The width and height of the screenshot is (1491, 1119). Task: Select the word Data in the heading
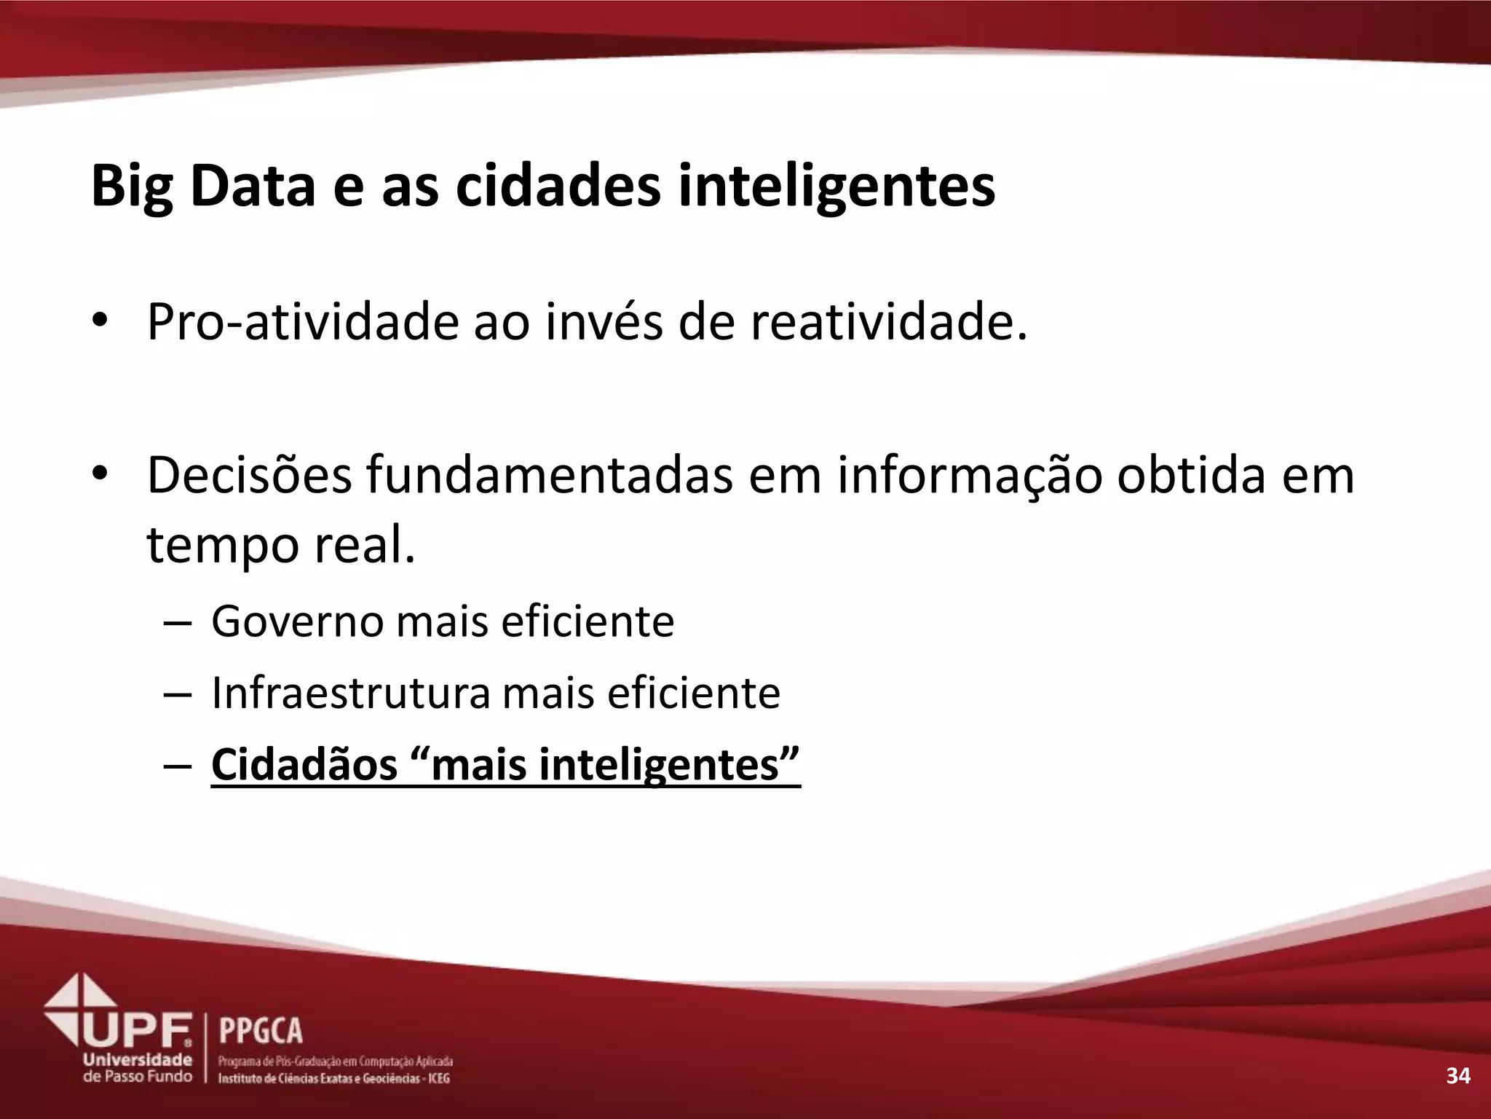(x=252, y=186)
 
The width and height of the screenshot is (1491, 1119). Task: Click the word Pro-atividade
(x=303, y=322)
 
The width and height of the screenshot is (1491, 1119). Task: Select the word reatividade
(x=888, y=322)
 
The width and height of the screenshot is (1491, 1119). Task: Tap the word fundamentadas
(x=549, y=475)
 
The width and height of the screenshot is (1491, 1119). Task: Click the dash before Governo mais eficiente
(x=178, y=624)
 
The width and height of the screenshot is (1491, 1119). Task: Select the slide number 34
(x=1458, y=1075)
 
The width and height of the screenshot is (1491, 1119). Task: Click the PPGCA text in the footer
(x=261, y=1031)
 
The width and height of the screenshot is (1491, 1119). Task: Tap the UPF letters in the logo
(x=138, y=1029)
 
